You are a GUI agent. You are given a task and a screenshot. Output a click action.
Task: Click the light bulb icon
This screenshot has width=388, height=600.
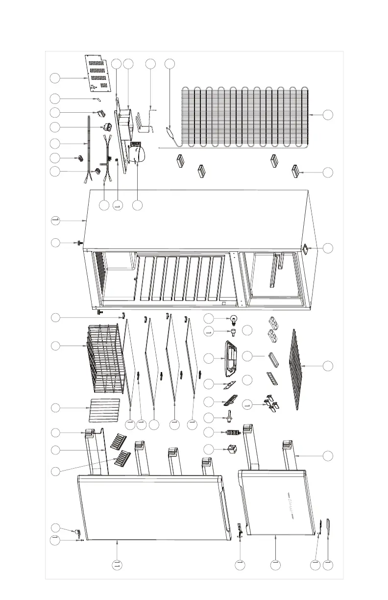(x=234, y=320)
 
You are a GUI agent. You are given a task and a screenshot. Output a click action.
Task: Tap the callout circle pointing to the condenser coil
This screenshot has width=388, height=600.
(x=328, y=114)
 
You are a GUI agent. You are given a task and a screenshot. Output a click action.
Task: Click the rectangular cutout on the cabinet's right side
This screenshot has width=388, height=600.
(x=304, y=249)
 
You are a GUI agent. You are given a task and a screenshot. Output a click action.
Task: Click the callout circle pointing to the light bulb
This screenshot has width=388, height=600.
(x=209, y=318)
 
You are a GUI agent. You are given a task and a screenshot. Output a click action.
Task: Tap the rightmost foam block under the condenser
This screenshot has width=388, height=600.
(x=295, y=172)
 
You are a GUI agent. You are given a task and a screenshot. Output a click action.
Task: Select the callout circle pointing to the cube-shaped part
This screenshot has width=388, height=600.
(x=209, y=448)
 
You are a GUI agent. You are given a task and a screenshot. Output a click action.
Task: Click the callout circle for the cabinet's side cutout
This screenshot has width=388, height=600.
(x=328, y=248)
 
